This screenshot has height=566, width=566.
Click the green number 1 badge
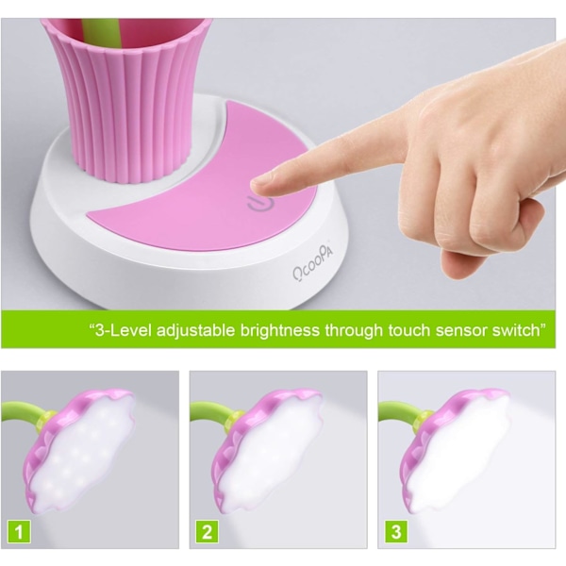19,532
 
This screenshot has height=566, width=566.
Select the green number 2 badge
208,532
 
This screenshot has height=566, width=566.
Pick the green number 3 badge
396,532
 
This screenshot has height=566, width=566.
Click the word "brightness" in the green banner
280,330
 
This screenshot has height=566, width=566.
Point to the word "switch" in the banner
517,330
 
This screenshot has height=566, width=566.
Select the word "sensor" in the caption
458,331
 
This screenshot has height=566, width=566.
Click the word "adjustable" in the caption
195,331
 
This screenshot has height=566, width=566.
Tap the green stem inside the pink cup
101,32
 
